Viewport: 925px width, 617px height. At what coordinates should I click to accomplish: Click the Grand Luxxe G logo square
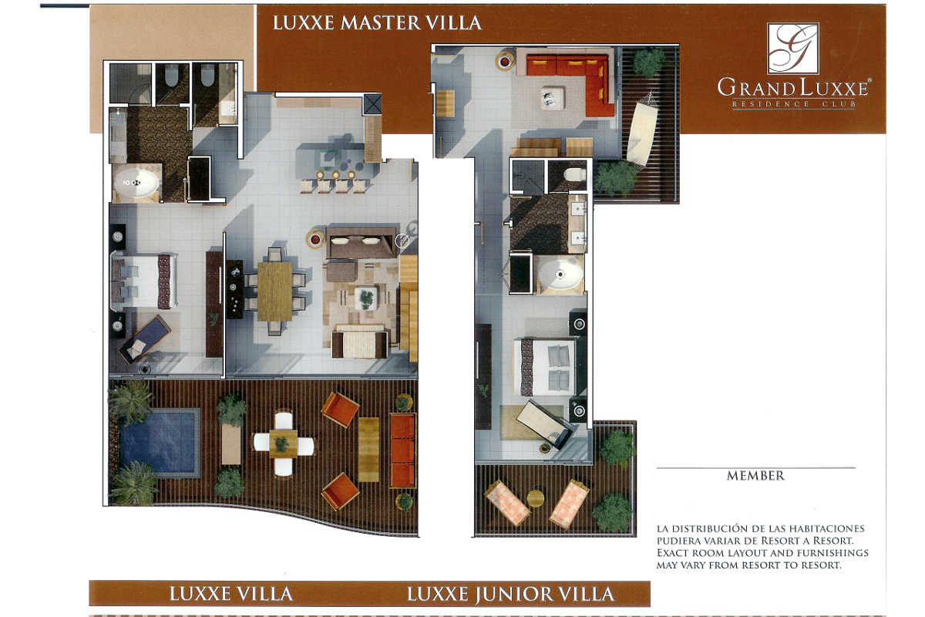(793, 48)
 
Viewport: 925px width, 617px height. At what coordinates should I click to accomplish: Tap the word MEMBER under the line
(755, 476)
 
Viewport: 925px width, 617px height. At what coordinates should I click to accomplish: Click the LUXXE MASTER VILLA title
(377, 22)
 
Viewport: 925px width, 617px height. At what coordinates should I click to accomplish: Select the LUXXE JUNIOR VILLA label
(510, 595)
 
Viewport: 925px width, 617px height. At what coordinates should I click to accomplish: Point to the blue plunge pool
(160, 443)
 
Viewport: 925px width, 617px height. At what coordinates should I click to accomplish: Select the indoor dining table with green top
(274, 292)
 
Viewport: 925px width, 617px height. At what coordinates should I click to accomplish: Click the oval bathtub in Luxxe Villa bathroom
(136, 182)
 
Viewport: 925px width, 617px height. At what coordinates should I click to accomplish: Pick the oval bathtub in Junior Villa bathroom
(560, 274)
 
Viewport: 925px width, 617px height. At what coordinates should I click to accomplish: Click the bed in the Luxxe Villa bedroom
(145, 282)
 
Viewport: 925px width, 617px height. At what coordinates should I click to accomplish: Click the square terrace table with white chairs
(284, 443)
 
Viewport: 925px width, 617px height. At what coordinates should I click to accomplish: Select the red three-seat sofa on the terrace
(402, 450)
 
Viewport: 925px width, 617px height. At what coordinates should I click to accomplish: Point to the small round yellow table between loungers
(535, 497)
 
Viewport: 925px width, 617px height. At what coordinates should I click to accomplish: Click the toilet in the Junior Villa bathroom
(574, 174)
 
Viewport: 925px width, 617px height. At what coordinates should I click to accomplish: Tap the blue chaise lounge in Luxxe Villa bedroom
(145, 339)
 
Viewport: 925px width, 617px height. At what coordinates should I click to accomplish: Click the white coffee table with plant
(366, 298)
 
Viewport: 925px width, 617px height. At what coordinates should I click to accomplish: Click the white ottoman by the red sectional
(552, 98)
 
